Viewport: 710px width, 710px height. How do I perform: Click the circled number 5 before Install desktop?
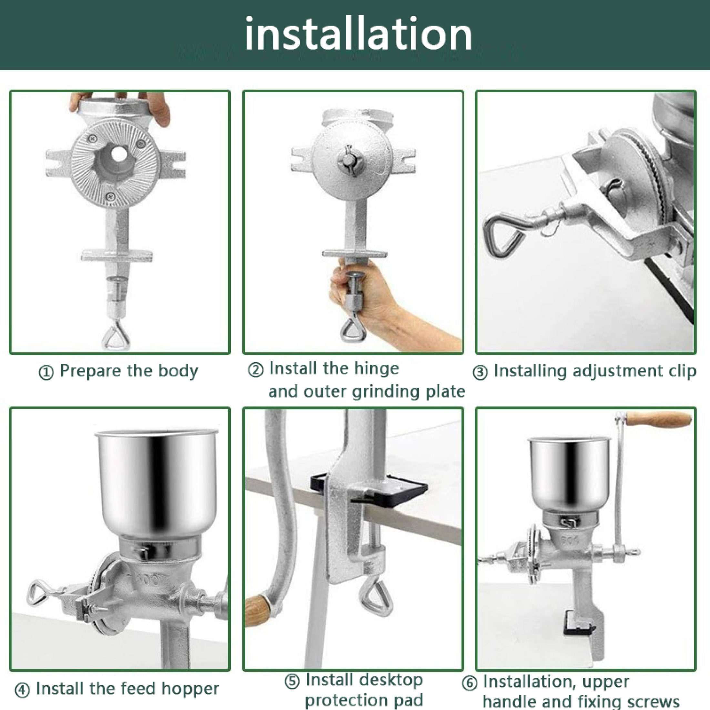[292, 681]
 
